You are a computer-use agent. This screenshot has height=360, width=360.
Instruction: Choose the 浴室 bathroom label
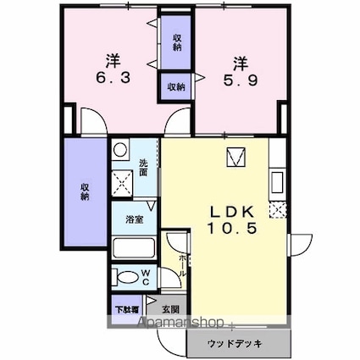pyautogui.click(x=134, y=219)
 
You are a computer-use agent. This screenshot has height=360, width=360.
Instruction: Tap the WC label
pyautogui.click(x=145, y=277)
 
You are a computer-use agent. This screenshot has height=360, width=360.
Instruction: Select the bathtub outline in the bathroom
pyautogui.click(x=132, y=249)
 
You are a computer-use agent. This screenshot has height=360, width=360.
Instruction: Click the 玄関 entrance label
pyautogui.click(x=170, y=309)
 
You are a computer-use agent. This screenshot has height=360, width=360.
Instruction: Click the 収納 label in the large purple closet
pyautogui.click(x=86, y=191)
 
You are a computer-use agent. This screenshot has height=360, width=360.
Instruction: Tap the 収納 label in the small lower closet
pyautogui.click(x=176, y=86)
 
